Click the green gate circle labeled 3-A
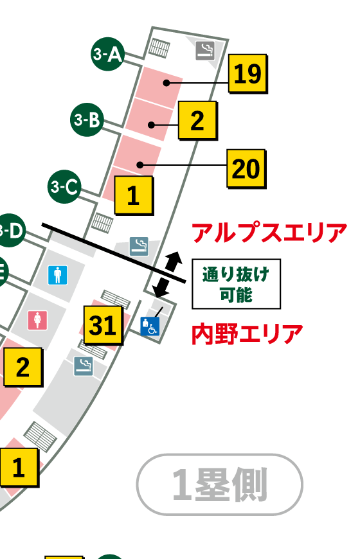coord(107,55)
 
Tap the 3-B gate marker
coord(87,120)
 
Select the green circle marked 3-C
coord(64,187)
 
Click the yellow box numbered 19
coord(248,75)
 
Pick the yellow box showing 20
coord(246,168)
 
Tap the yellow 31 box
coord(103,326)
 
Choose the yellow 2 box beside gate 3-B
coord(197,121)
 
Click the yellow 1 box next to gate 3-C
coord(133,195)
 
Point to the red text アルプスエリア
coord(269,233)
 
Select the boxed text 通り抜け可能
coord(236,284)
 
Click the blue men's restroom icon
coord(58,276)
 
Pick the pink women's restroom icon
coord(37,319)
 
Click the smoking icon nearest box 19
coord(205,51)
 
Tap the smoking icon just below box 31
coord(83,366)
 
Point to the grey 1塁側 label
coord(219,484)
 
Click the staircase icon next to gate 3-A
coord(158,48)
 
